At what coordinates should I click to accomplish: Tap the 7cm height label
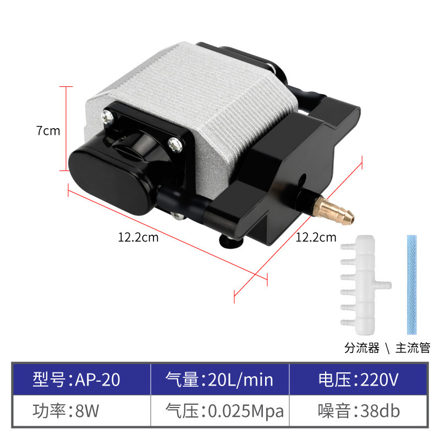point(48,131)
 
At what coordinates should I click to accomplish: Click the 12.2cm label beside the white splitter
point(316,238)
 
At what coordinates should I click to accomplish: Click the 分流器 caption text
point(362,348)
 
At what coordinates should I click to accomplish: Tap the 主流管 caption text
point(413,348)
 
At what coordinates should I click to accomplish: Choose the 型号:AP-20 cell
point(81,380)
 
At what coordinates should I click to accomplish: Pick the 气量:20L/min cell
point(220,380)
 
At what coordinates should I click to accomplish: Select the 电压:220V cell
point(358,380)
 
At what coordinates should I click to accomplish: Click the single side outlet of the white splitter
point(386,286)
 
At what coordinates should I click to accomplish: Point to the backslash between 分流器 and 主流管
point(387,348)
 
